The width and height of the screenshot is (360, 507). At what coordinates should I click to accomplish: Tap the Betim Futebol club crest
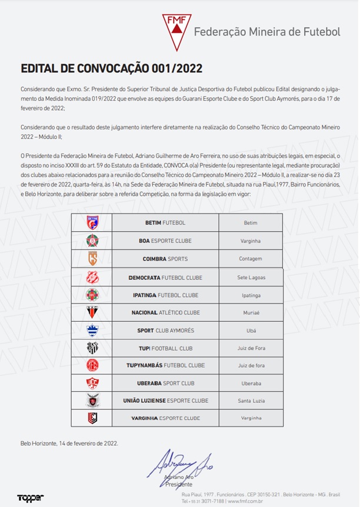[x=92, y=222]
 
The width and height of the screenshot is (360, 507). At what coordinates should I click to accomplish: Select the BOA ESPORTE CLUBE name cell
[x=165, y=241]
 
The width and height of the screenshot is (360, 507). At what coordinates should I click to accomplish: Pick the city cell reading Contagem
[x=251, y=259]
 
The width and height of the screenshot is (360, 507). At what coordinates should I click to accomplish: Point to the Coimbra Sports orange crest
[x=92, y=258]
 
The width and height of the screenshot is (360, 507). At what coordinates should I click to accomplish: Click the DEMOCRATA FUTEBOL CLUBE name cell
[x=165, y=277]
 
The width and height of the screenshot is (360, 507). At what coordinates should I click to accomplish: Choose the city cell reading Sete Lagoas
[x=251, y=277]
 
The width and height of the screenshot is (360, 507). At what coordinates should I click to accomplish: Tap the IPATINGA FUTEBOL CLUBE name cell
[x=165, y=295]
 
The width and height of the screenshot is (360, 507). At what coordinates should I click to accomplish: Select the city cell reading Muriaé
[x=251, y=312]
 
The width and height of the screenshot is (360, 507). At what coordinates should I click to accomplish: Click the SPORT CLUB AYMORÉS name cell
[x=165, y=331]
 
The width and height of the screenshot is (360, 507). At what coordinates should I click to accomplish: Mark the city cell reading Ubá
[x=251, y=331]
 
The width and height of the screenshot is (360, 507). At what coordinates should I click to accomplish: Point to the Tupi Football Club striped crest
[x=92, y=348]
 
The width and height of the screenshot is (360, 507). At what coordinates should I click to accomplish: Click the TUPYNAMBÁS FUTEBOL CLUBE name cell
[x=165, y=365]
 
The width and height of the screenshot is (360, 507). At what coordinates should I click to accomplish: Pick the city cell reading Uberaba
[x=251, y=383]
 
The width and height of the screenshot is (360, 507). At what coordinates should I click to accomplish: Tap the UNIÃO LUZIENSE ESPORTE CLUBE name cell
[x=165, y=401]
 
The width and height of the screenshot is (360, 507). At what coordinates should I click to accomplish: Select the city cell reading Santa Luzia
[x=251, y=401]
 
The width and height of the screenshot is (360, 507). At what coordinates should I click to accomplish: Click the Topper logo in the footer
[x=30, y=498]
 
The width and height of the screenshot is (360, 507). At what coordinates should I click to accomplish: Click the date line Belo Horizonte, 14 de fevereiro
[x=69, y=443]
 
